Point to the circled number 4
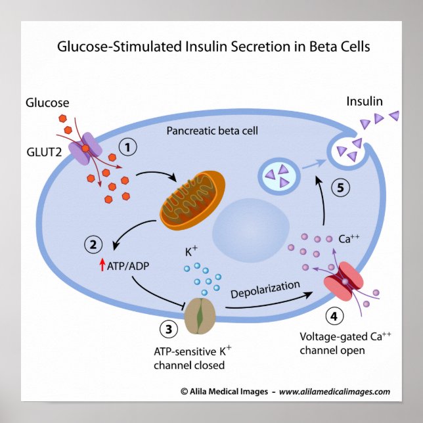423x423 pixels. pos(334,317)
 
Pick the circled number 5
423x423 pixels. pos(340,187)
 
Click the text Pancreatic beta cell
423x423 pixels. pos(212,131)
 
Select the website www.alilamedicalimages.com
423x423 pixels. pos(334,391)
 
